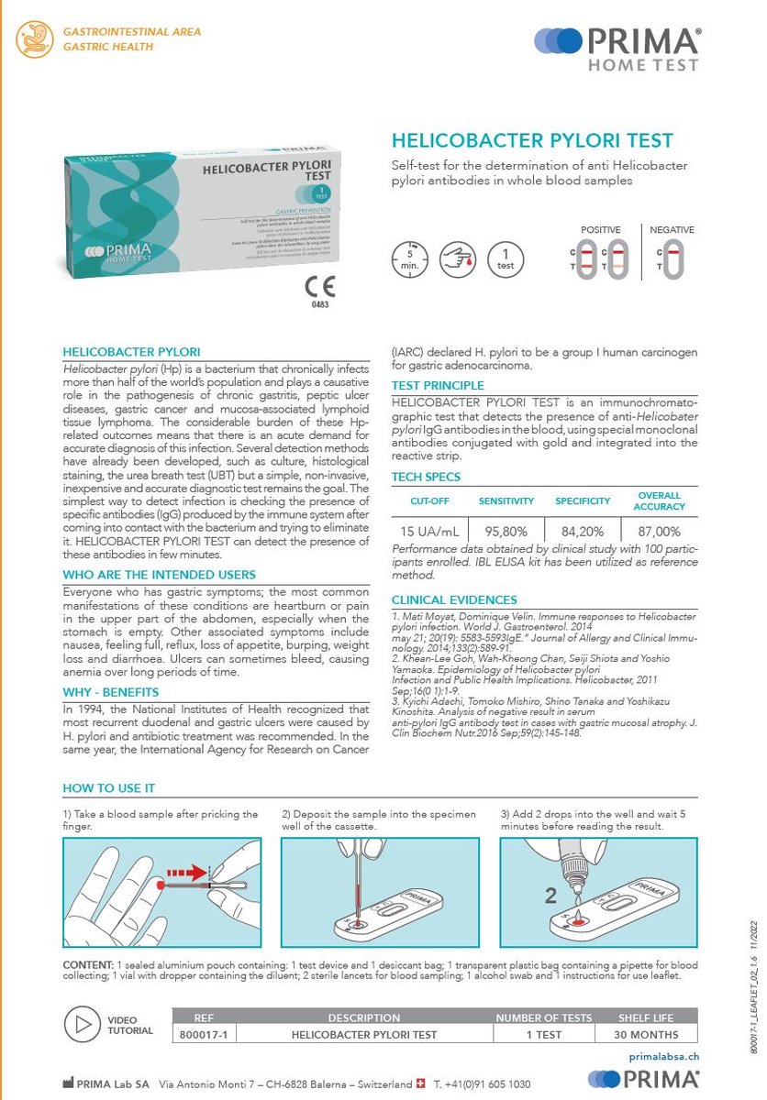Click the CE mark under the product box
pos(320,287)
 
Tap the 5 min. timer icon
pos(410,258)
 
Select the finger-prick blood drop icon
pos(458,258)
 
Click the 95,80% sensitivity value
pos(506,531)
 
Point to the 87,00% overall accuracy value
pos(658,531)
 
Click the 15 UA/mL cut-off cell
pos(429,531)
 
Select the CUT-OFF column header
pos(429,501)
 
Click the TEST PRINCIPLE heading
pos(438,386)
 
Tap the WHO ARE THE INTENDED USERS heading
pos(159,575)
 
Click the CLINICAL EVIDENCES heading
pos(454,599)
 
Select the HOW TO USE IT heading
pos(108,788)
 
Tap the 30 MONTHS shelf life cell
pos(645,1034)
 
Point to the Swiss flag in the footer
pos(421,1083)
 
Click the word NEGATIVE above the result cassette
pos(672,229)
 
